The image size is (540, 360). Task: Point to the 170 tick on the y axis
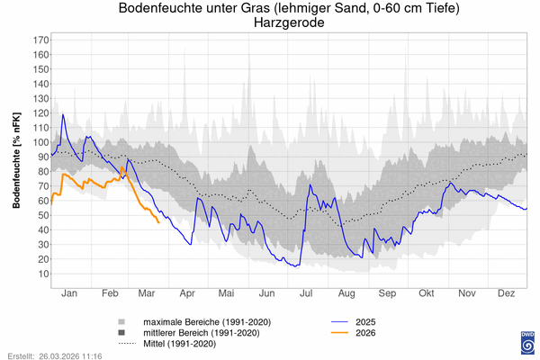(40, 40)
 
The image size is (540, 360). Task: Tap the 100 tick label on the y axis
(40, 142)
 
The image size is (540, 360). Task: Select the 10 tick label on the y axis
(42, 274)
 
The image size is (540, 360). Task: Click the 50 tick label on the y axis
(42, 215)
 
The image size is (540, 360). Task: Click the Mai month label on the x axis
(226, 292)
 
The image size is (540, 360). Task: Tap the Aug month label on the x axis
(346, 292)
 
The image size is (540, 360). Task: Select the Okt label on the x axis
(427, 292)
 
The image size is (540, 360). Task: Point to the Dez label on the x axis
(507, 292)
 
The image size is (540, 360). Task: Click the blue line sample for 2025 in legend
(339, 322)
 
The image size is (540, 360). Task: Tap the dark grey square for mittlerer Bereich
(121, 333)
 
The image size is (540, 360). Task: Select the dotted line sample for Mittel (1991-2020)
(121, 344)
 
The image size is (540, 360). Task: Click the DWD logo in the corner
(526, 342)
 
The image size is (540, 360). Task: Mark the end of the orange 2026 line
(159, 222)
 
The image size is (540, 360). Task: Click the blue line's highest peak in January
(63, 114)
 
